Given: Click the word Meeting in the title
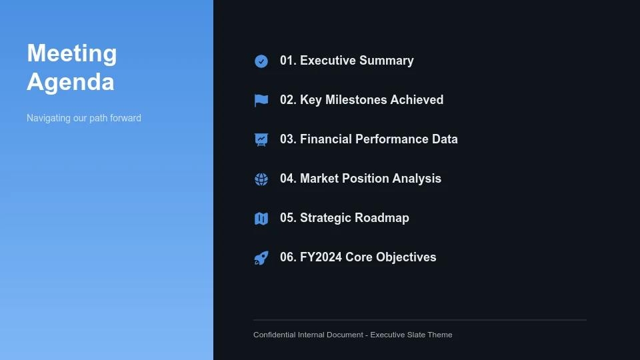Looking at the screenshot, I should [x=72, y=53].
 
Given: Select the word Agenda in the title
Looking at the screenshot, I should [x=71, y=82].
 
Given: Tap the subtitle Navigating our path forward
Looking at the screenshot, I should [x=84, y=118].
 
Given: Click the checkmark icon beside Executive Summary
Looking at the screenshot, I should [x=261, y=61].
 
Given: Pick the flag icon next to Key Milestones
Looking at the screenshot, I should [x=261, y=101].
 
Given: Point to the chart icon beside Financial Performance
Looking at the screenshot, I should [x=261, y=139].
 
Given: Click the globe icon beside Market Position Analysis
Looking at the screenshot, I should [x=261, y=179].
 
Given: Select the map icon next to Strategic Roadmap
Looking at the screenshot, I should [x=261, y=219].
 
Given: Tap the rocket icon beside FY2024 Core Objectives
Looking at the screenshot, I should [x=261, y=258].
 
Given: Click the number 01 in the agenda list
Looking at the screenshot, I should [x=287, y=61].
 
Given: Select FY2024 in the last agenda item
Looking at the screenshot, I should [x=321, y=257].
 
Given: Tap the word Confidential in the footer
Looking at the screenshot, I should [x=275, y=335].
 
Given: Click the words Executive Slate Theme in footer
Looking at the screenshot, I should [x=411, y=335].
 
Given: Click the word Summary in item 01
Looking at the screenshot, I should [x=386, y=61].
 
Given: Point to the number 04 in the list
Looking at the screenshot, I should [x=287, y=179].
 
